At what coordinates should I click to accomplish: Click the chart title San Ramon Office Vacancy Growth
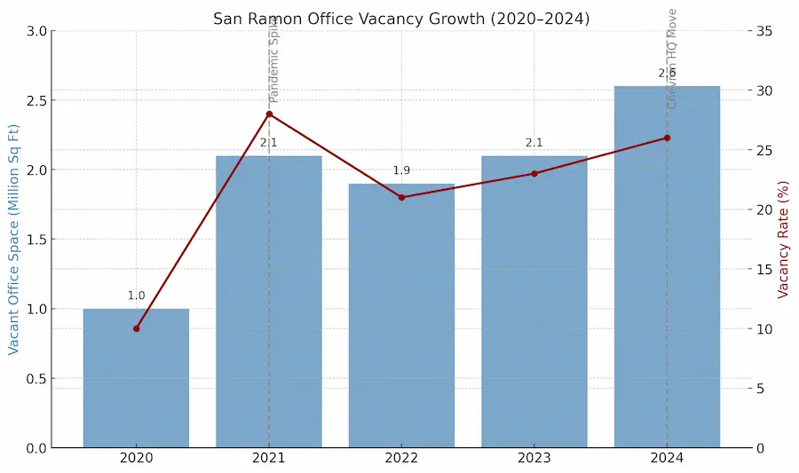pos(400,19)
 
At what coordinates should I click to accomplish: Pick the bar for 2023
pos(534,302)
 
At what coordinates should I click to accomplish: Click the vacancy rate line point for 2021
pos(269,114)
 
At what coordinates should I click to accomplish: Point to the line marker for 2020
pos(136,328)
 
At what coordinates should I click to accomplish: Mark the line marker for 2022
pos(401,197)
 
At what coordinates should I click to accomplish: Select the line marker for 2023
pos(534,173)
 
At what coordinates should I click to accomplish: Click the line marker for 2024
pos(667,138)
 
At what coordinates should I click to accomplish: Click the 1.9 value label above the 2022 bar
pos(401,170)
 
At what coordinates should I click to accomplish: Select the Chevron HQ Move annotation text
pos(672,58)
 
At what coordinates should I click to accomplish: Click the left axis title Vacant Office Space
pos(14,240)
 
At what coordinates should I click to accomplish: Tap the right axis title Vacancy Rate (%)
pos(783,240)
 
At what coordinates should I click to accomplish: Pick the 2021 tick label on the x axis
pos(269,459)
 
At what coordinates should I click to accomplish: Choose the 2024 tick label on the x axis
pos(667,459)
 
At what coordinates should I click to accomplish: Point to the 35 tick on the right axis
pos(763,31)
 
